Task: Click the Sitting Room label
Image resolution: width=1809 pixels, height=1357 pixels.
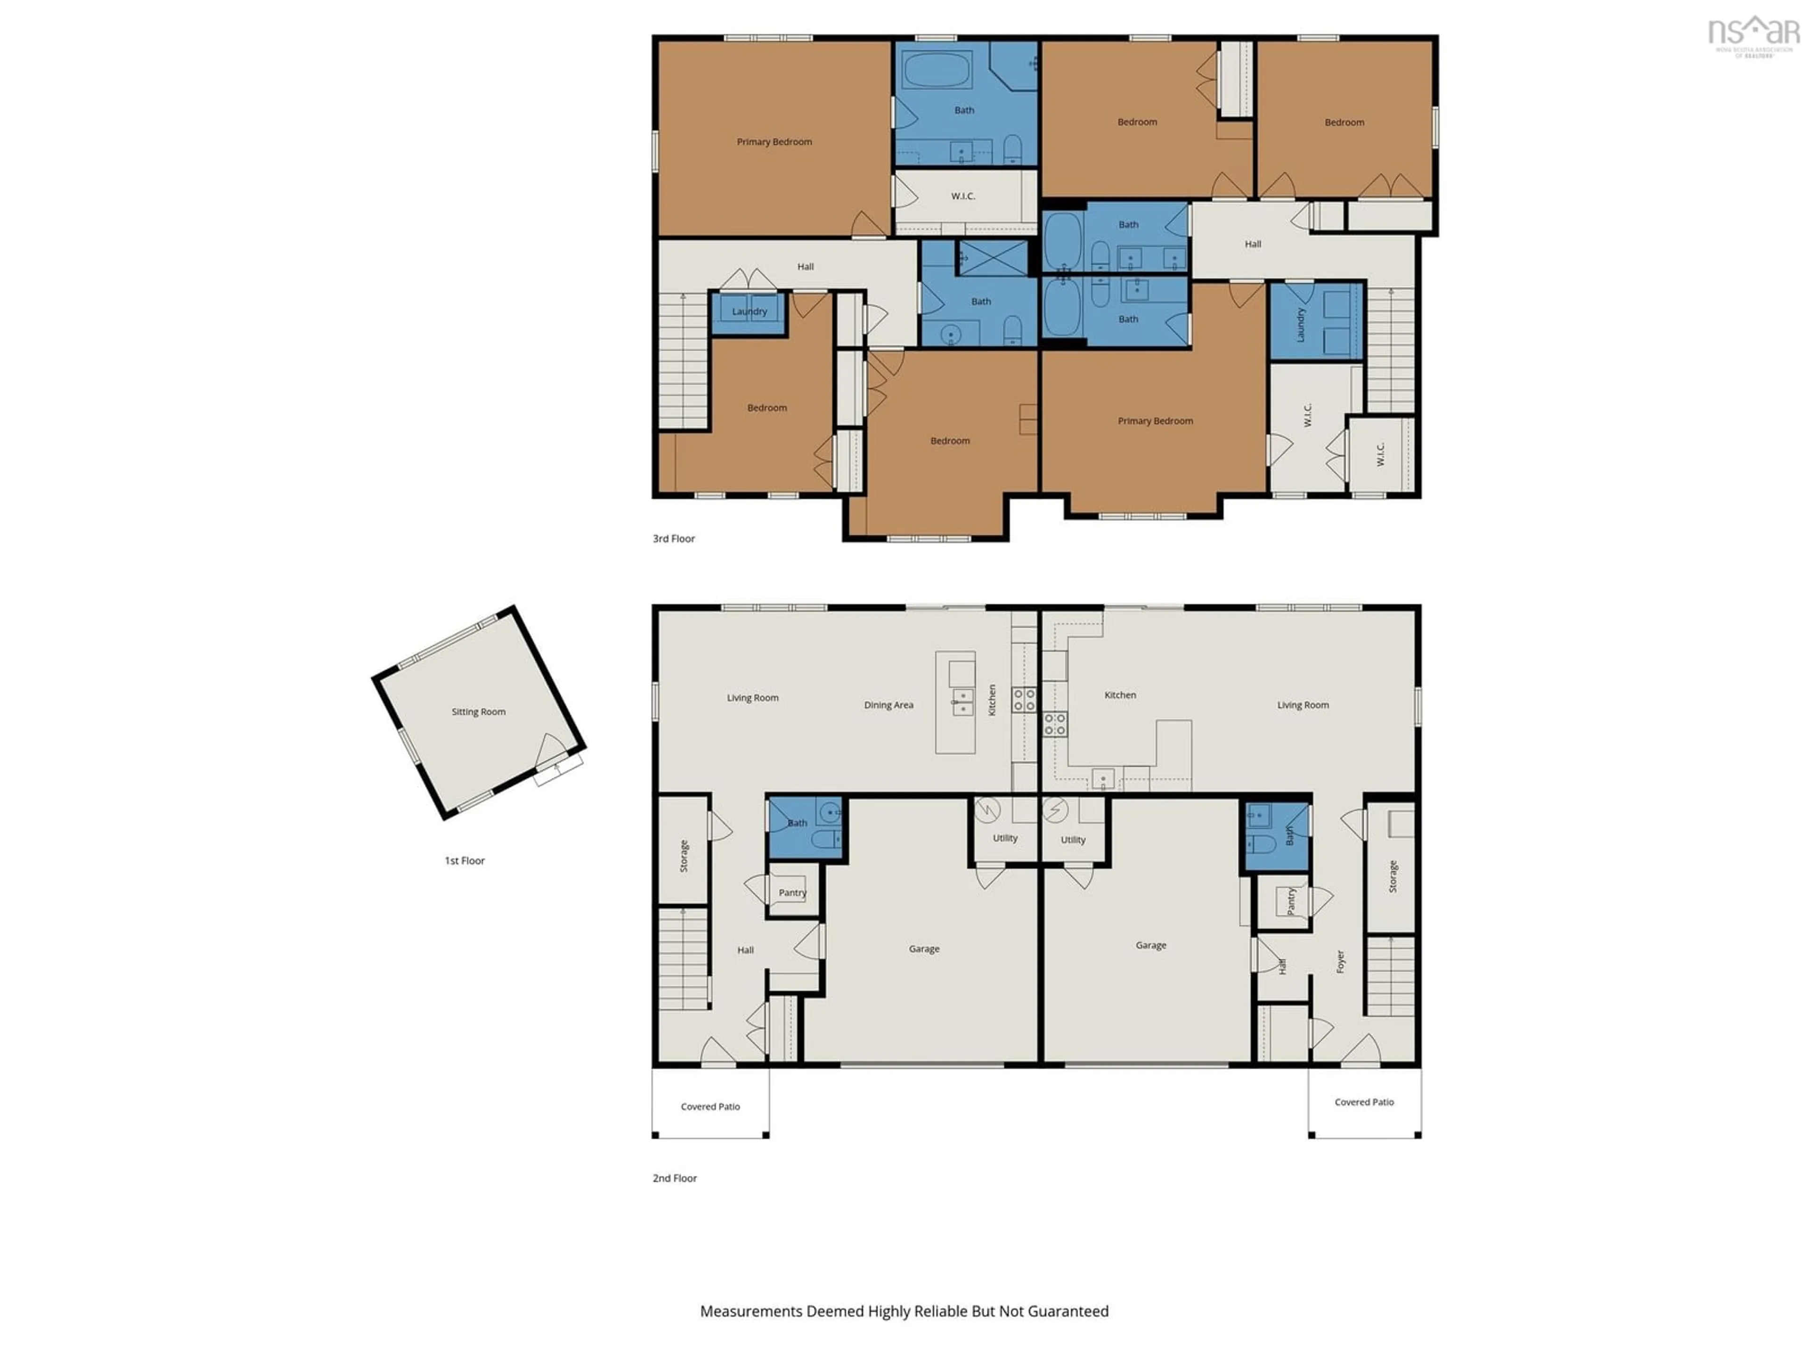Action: click(x=479, y=711)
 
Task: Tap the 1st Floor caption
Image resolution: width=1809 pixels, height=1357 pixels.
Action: click(x=464, y=860)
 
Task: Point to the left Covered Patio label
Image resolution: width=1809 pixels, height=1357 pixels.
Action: click(x=710, y=1107)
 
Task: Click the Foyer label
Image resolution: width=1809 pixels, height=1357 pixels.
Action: click(x=1340, y=961)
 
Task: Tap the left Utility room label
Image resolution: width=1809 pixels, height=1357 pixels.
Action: click(x=1005, y=838)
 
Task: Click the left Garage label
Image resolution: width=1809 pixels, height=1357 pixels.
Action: click(x=924, y=949)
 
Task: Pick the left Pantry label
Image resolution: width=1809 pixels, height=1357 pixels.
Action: click(x=791, y=892)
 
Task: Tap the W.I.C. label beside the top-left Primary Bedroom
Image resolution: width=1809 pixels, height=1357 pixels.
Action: click(x=962, y=196)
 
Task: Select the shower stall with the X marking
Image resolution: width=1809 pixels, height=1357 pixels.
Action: click(x=993, y=258)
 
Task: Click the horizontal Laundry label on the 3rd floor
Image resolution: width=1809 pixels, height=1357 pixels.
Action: click(x=749, y=311)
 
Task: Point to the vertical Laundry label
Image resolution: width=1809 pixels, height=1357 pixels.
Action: click(x=1300, y=324)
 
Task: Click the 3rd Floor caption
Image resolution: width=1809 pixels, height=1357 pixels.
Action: click(x=673, y=538)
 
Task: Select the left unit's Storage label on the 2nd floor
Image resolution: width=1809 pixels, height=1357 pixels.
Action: click(x=684, y=856)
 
